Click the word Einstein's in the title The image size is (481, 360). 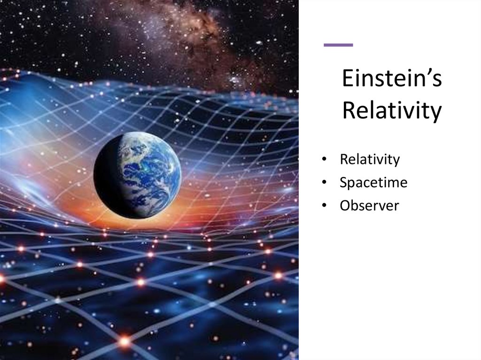tap(392, 79)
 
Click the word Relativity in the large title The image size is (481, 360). tap(392, 111)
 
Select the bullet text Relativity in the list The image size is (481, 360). tap(370, 160)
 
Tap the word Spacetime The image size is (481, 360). tap(373, 183)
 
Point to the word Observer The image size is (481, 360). tap(369, 205)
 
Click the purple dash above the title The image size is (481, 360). tap(338, 45)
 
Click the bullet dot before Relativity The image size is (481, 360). tap(324, 160)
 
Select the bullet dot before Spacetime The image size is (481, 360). tap(324, 183)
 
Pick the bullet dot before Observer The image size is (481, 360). tap(324, 206)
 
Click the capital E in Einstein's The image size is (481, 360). tap(348, 79)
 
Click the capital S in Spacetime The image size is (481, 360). tap(344, 183)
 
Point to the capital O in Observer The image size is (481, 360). tap(345, 205)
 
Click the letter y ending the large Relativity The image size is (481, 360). tap(436, 114)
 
